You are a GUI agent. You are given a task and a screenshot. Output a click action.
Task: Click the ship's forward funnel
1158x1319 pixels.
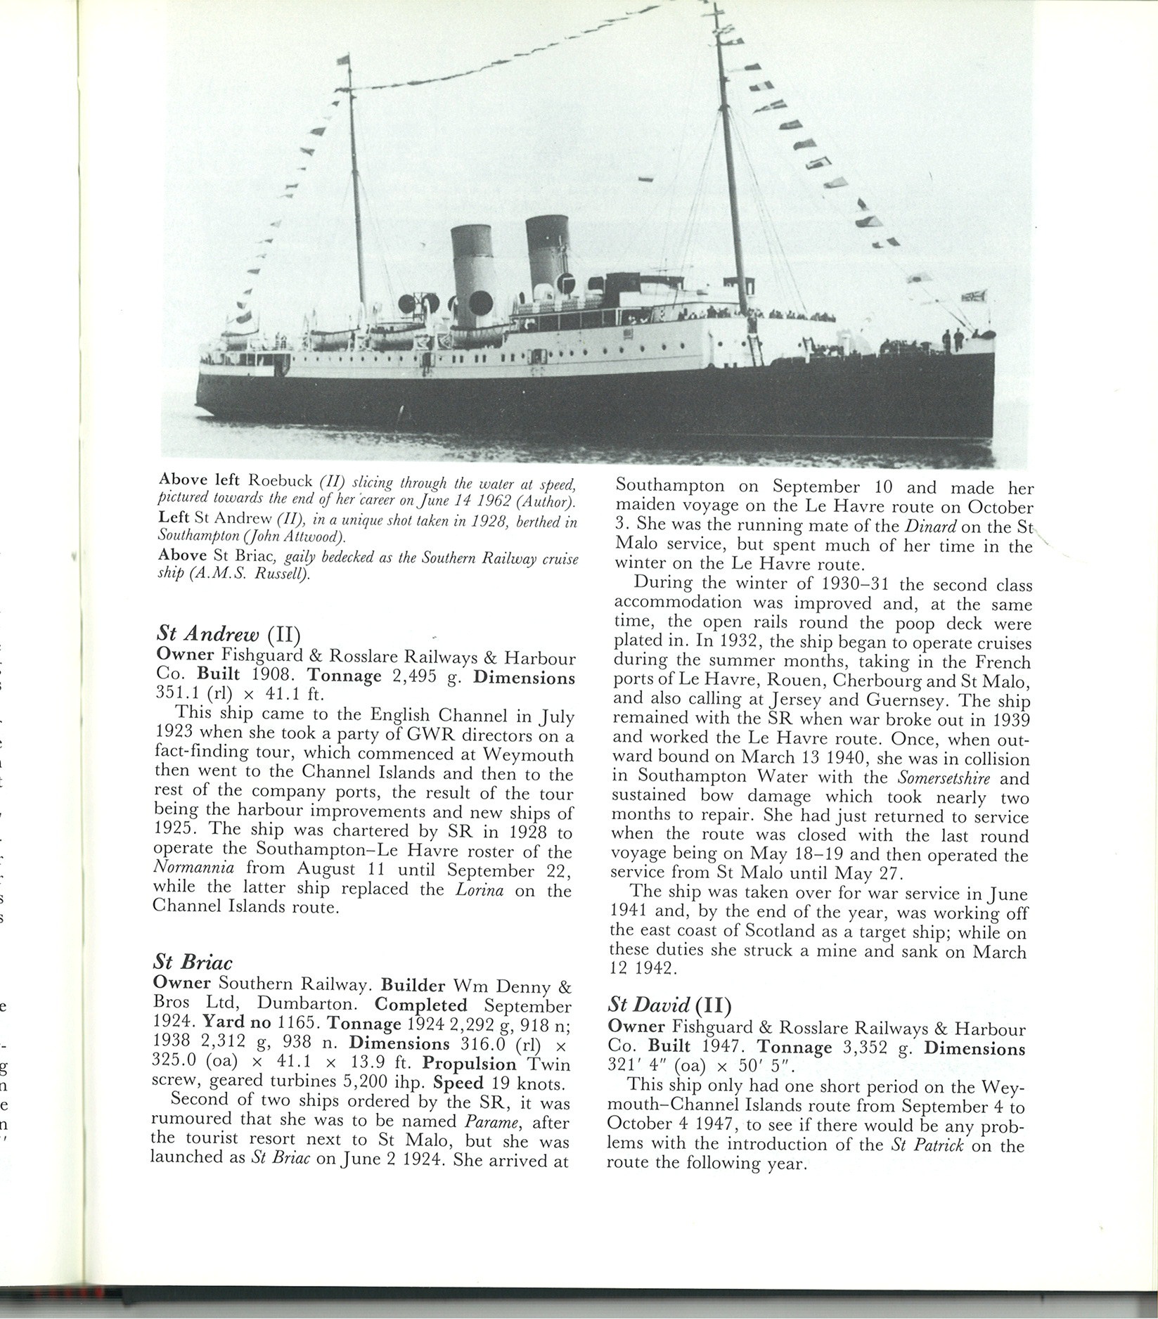coord(547,253)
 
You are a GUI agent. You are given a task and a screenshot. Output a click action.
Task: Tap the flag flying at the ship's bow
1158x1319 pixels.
coord(974,296)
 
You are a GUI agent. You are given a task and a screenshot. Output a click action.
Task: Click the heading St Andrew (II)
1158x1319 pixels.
coord(228,634)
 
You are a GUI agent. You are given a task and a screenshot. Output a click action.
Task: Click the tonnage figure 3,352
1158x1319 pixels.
coord(869,1048)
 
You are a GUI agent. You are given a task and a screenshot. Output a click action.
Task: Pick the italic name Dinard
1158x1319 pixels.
coord(927,527)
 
